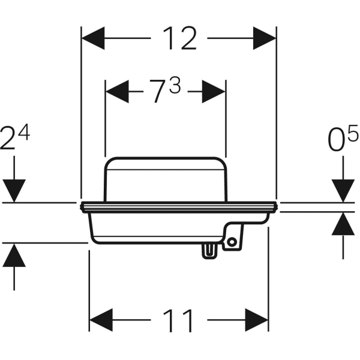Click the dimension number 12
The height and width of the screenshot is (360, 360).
pyautogui.click(x=179, y=40)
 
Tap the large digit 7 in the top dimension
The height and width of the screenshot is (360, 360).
pyautogui.click(x=157, y=93)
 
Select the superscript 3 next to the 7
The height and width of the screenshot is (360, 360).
pyautogui.click(x=174, y=87)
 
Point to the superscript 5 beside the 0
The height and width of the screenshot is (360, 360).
pyautogui.click(x=352, y=133)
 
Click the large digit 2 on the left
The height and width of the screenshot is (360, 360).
pyautogui.click(x=8, y=140)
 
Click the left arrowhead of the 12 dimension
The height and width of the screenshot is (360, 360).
pyautogui.click(x=92, y=40)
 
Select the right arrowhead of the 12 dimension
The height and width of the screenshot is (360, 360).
pyautogui.click(x=265, y=40)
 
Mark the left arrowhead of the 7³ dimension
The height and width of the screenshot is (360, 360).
pyautogui.click(x=116, y=92)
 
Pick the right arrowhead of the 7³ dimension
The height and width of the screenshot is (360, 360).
pyautogui.click(x=214, y=92)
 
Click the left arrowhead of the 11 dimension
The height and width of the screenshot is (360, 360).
pyautogui.click(x=101, y=321)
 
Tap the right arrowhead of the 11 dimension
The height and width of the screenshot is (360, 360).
pyautogui.click(x=256, y=321)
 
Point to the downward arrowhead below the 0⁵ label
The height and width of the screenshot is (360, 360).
pyautogui.click(x=343, y=191)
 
